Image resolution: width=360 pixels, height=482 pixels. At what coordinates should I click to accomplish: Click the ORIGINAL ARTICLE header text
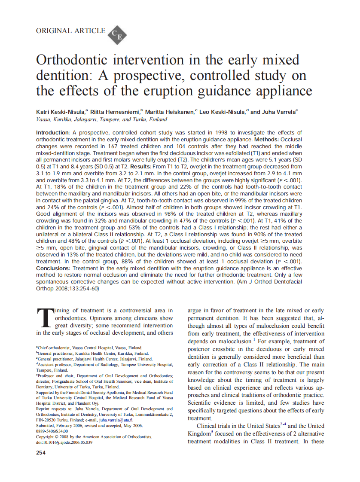[71, 31]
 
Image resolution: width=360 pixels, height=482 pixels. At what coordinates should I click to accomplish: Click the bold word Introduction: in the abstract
[53, 133]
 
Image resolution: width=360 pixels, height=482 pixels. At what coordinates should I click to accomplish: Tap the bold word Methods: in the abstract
[268, 140]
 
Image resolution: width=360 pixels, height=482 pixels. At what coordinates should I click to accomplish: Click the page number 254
[42, 452]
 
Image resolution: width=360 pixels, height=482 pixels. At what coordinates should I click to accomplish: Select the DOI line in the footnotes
[64, 442]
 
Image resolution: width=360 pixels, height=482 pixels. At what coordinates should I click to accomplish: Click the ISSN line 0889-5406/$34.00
[52, 431]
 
